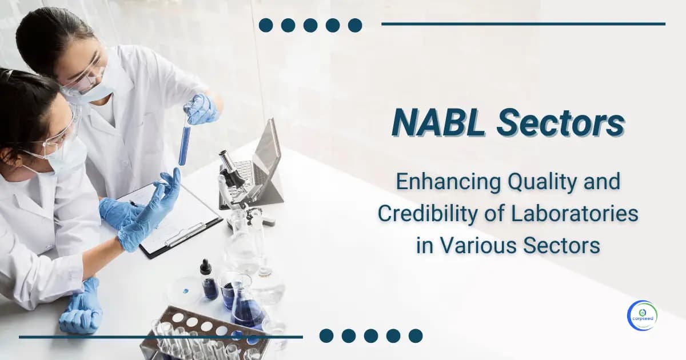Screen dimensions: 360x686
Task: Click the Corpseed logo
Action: pos(643,315)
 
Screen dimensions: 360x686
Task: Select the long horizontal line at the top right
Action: pos(523,24)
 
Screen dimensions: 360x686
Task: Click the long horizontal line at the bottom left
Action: pos(160,337)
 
